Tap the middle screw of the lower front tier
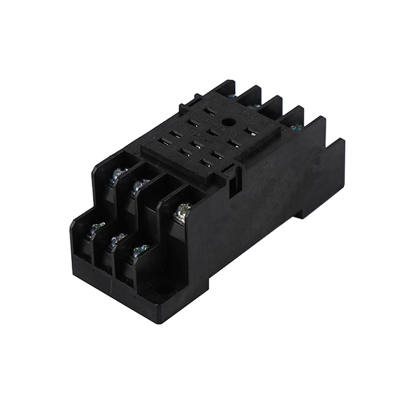117,240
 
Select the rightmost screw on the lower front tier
139,251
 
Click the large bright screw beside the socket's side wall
183,210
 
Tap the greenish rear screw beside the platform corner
296,128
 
